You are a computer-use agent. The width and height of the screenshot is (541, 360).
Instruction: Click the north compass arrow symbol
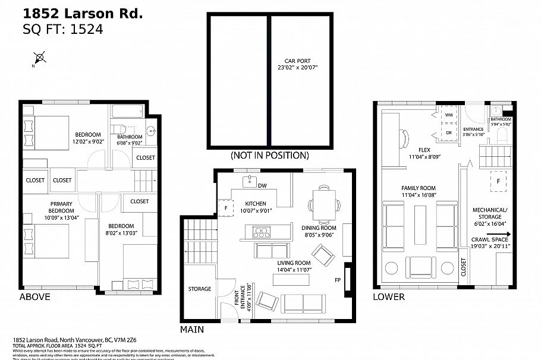(39, 58)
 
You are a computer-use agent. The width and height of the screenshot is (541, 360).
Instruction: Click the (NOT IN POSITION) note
(269, 156)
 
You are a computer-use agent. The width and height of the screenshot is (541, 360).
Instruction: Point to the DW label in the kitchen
(262, 186)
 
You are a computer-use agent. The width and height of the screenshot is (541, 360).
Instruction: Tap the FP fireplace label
(337, 280)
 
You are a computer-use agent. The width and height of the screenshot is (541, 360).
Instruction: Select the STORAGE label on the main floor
(200, 289)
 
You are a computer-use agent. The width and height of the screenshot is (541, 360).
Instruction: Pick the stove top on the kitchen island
(261, 231)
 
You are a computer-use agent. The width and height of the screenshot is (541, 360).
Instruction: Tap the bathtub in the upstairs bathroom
(127, 112)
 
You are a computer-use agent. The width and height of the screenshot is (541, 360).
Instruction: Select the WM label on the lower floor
(448, 115)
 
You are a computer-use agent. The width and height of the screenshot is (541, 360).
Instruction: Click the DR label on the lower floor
(448, 132)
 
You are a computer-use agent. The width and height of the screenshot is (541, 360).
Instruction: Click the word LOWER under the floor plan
(389, 296)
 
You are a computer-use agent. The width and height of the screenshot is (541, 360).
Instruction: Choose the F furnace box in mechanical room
(496, 181)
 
